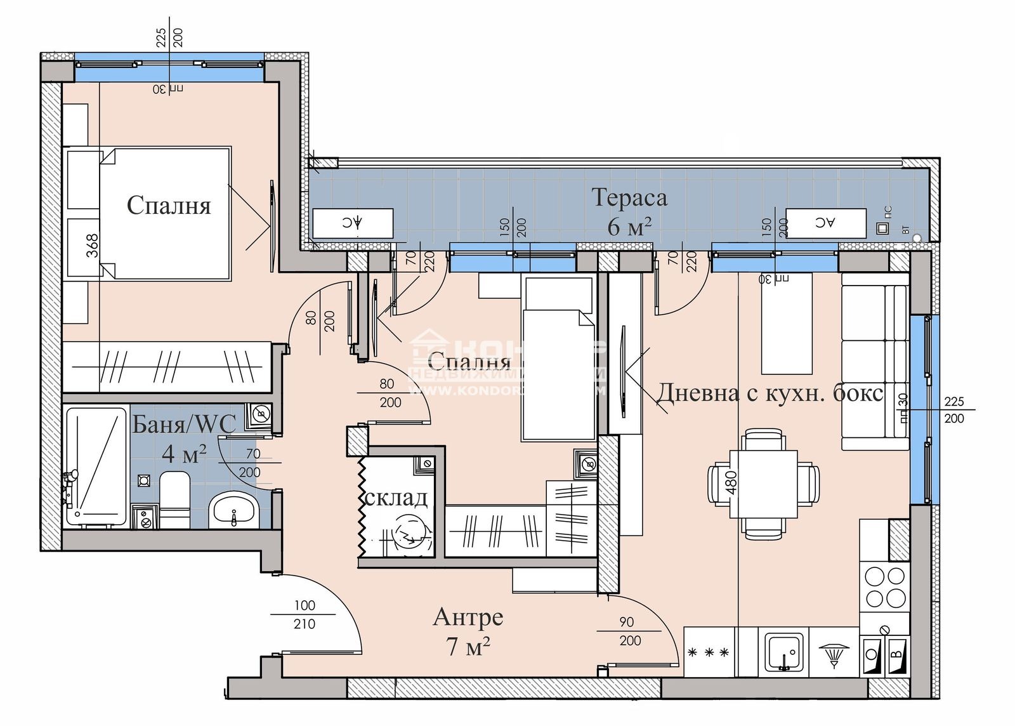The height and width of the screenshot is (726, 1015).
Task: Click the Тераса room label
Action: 629,198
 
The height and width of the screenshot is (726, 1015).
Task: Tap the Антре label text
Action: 468,617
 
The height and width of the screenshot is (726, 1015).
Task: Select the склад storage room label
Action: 396,498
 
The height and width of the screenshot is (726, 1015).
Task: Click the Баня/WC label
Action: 184,424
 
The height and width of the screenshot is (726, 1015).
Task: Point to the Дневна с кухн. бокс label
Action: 769,393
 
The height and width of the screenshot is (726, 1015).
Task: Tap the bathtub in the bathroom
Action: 96,466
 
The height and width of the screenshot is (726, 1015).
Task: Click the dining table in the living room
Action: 763,484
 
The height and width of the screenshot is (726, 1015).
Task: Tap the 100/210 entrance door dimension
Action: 304,614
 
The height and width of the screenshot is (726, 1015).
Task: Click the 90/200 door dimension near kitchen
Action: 629,631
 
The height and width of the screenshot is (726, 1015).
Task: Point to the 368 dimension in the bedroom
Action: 93,246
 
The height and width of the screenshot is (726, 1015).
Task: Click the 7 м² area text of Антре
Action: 468,647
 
